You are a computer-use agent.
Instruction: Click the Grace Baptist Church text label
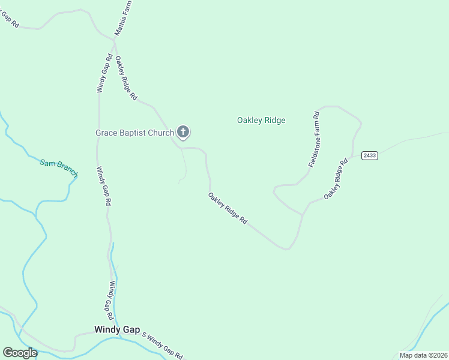point(134,133)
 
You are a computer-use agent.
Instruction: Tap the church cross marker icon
point(183,132)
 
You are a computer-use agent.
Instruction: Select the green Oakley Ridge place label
point(261,120)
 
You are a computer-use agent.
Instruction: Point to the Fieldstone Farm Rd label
point(313,139)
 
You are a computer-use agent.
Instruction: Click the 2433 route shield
point(370,155)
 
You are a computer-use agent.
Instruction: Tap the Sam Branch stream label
point(59,167)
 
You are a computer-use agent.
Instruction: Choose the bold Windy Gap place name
point(117,329)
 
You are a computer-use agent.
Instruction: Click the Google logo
point(20,352)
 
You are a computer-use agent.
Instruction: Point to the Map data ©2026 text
point(423,355)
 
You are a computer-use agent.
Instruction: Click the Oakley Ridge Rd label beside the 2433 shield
point(336,179)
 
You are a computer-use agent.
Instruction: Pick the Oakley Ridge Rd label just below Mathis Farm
point(126,78)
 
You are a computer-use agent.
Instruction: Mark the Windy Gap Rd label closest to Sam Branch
point(103,187)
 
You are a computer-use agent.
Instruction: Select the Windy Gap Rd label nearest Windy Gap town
point(111,299)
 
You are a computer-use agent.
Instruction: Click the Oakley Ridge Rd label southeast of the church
point(228,208)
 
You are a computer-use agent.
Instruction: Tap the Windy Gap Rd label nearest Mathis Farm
point(104,73)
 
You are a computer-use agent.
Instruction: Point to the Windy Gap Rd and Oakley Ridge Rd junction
point(114,41)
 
